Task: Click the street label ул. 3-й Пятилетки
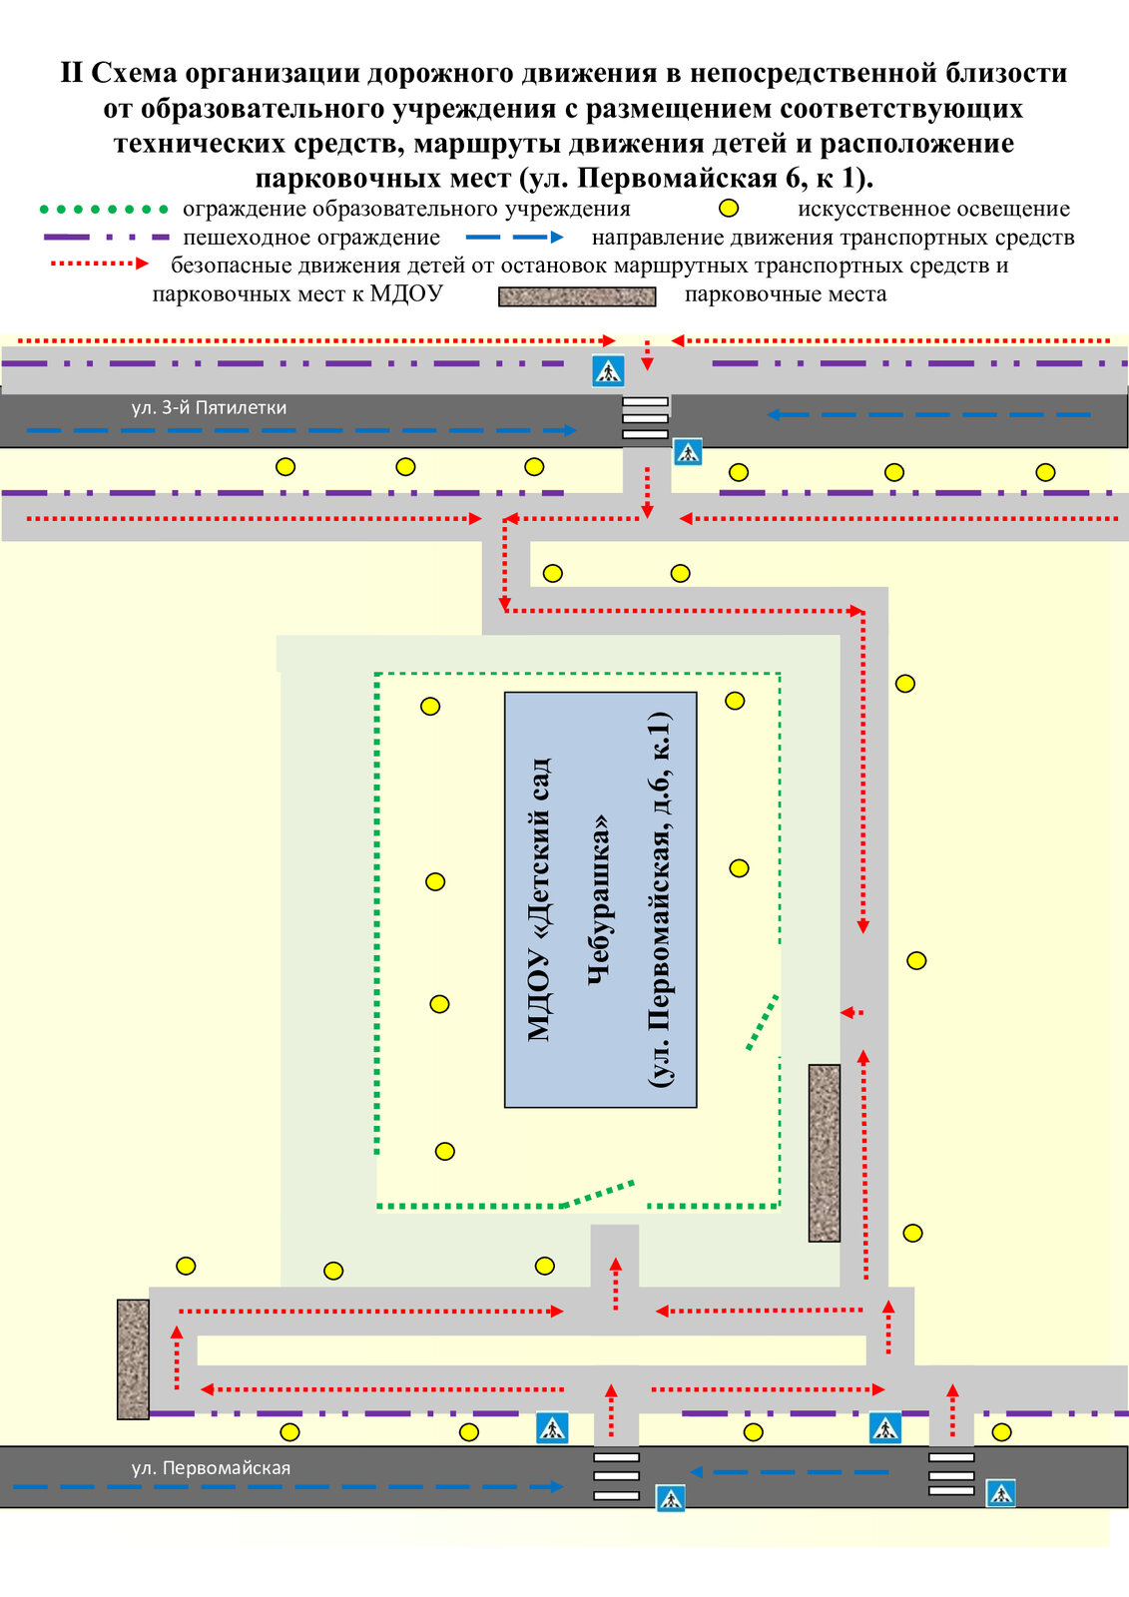209,407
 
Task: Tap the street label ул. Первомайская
211,1467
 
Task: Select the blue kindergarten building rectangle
600,899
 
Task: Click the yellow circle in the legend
730,209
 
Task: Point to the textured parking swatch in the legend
577,296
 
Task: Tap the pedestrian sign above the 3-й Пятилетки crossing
607,370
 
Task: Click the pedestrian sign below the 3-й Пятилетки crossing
688,452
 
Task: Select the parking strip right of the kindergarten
824,1153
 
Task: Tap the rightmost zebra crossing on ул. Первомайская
951,1474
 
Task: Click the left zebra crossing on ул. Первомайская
616,1475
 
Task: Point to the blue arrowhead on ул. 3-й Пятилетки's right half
774,414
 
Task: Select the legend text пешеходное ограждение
311,238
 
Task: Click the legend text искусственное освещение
933,209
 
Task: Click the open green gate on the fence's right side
763,1022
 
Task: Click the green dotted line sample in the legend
104,210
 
